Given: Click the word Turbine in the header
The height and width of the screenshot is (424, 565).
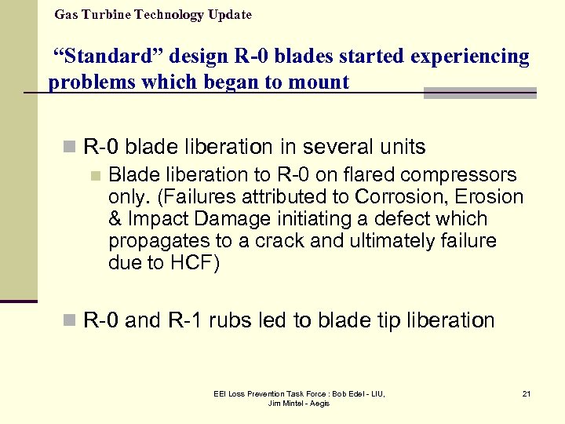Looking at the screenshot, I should (108, 15).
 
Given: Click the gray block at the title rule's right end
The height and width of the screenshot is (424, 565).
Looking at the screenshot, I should (479, 93).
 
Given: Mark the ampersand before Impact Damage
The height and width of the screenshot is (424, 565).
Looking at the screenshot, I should (115, 219).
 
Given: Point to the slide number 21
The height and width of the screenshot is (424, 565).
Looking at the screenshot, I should (526, 393).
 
